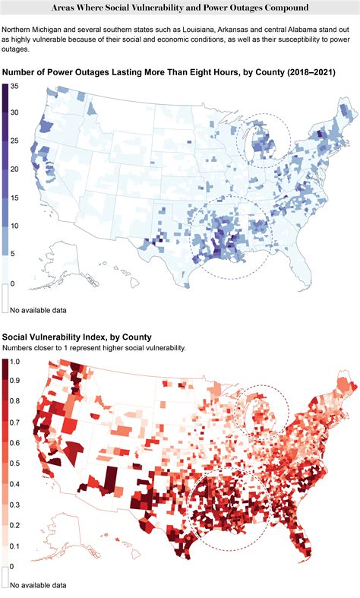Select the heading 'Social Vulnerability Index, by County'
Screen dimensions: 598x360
[x=76, y=336]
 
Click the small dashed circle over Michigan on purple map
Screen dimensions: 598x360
[x=263, y=139]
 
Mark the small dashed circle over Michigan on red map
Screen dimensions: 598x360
[x=263, y=415]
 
